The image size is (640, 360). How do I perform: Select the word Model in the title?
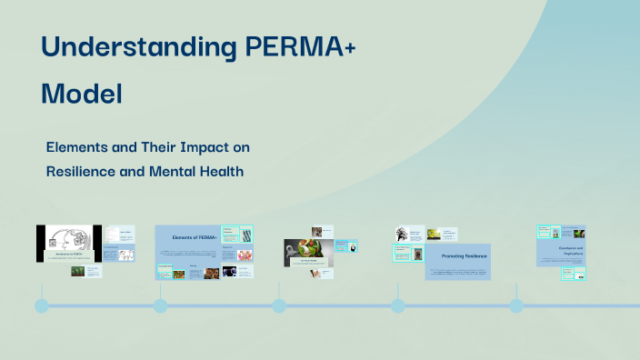pyautogui.click(x=81, y=93)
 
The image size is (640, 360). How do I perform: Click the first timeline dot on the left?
pyautogui.click(x=42, y=305)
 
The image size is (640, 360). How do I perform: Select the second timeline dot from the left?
pyautogui.click(x=160, y=305)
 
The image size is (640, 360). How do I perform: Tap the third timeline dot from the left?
pyautogui.click(x=279, y=305)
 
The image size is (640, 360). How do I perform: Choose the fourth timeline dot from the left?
pyautogui.click(x=397, y=305)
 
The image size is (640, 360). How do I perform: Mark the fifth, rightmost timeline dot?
pyautogui.click(x=516, y=305)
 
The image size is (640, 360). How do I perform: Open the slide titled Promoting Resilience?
pyautogui.click(x=458, y=256)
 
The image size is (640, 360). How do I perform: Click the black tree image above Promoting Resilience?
pyautogui.click(x=403, y=235)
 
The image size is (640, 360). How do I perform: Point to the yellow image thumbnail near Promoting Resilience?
pyautogui.click(x=435, y=234)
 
